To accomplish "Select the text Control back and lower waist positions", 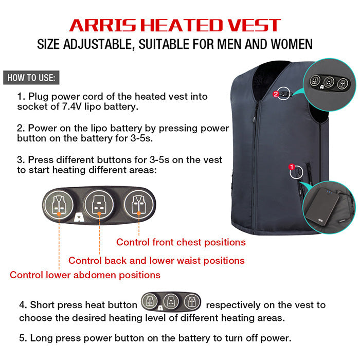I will click(x=156, y=260).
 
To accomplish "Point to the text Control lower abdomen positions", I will click(x=85, y=275).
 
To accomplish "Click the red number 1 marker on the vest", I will click(x=291, y=167).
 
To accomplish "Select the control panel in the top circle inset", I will click(x=329, y=82).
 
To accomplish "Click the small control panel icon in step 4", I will click(x=171, y=301).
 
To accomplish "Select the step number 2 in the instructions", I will click(x=20, y=129).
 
